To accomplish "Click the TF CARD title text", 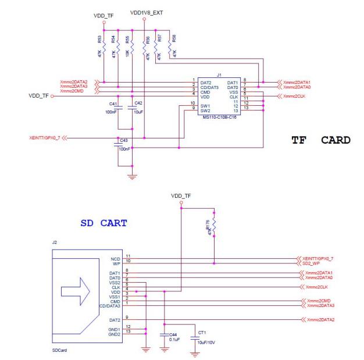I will click(x=321, y=140).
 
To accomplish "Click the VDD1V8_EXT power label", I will click(x=145, y=12).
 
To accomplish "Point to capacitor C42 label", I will click(x=138, y=103).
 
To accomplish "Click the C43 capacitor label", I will click(x=123, y=140).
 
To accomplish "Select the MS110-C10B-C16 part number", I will click(x=220, y=117).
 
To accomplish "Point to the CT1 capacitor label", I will click(x=202, y=333).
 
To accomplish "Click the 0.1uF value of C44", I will click(x=174, y=339).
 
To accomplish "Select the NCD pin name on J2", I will click(x=115, y=257).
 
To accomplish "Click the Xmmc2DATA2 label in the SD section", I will click(x=319, y=320).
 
